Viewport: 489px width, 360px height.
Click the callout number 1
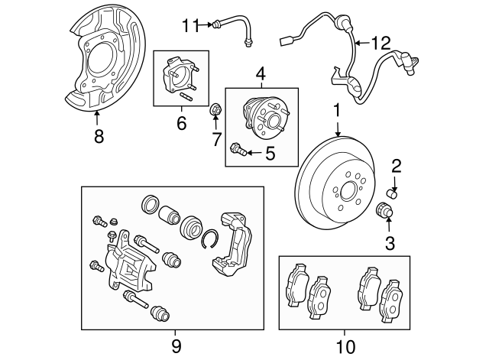click(x=336, y=112)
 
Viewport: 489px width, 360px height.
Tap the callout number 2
click(x=396, y=166)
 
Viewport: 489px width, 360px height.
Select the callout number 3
click(x=389, y=244)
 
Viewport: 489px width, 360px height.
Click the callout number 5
click(x=269, y=154)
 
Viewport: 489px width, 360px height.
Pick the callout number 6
click(x=181, y=122)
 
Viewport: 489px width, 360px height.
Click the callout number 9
click(x=176, y=346)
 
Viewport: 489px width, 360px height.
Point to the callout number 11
click(x=189, y=26)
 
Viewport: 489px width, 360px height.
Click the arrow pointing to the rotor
click(x=336, y=129)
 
